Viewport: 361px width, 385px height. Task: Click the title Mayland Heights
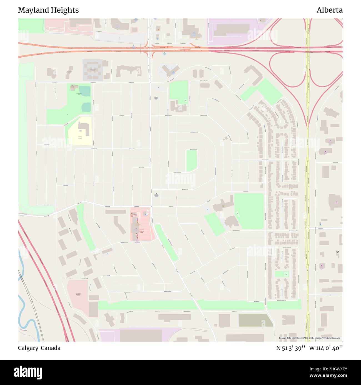coord(48,10)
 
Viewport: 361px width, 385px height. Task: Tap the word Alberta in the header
coord(329,10)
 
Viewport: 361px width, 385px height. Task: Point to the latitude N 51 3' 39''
coord(291,348)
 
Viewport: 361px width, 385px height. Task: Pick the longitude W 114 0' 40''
coord(326,348)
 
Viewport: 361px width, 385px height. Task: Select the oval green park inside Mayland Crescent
coord(192,160)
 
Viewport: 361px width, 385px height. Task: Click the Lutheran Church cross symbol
coord(156,97)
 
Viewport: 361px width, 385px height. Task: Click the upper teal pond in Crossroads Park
coord(85,91)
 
